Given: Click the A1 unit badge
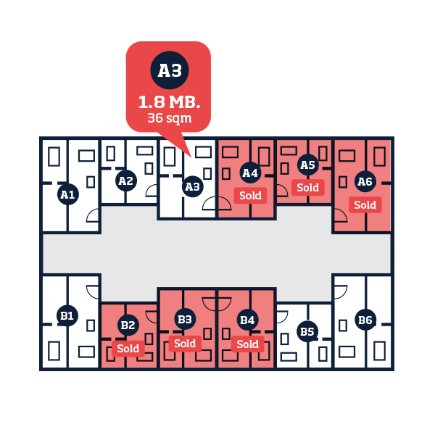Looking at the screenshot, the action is click(x=68, y=194).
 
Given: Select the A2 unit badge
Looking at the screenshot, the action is click(x=126, y=181).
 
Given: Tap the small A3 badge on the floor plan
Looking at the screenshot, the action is click(x=193, y=186).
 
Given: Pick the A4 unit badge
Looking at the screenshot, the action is click(x=250, y=173).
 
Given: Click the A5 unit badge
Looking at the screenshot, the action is click(x=308, y=165).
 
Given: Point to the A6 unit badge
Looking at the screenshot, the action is click(x=365, y=181).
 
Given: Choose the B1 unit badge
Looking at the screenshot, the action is click(x=67, y=315).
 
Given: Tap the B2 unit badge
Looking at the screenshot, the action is click(x=128, y=325).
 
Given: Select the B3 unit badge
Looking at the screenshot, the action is click(x=185, y=319).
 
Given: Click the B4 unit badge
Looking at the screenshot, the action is click(x=247, y=320).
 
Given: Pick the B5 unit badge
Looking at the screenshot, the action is click(x=307, y=331).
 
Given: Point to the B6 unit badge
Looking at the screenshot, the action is click(x=365, y=320).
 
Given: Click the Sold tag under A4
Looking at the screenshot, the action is click(x=251, y=196).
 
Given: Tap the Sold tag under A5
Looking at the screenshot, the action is click(x=308, y=188).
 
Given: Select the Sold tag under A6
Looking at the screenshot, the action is click(x=365, y=205).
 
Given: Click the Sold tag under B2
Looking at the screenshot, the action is click(x=128, y=349).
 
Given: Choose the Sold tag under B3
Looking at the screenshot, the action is click(x=185, y=344).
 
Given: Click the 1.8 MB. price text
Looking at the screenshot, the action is click(x=169, y=102).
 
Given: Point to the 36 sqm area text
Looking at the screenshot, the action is click(x=170, y=118).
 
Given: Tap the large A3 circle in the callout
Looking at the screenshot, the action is click(x=170, y=70).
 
